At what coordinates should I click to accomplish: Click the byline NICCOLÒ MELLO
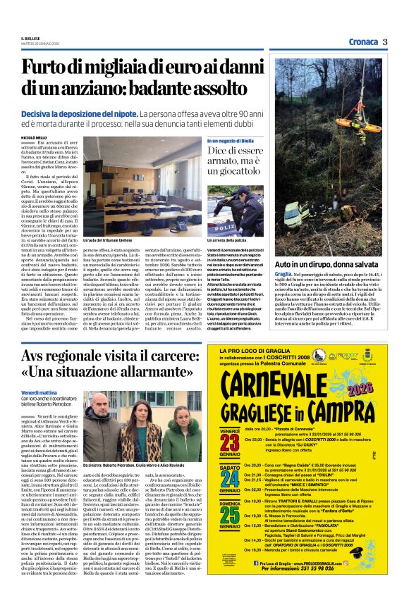[35, 137]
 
